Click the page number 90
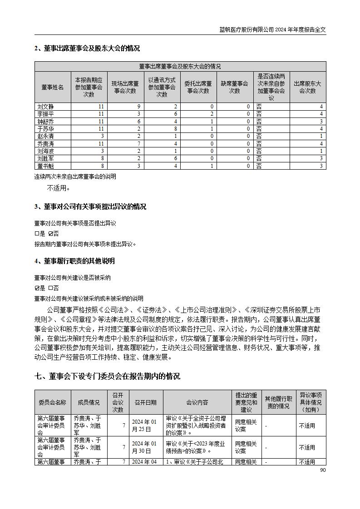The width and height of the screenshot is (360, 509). (x=323, y=470)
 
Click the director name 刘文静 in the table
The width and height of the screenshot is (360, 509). (x=45, y=107)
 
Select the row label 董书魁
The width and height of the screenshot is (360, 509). (x=45, y=166)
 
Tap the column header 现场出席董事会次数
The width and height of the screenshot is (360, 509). (x=125, y=87)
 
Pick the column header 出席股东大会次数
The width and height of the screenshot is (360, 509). (x=307, y=87)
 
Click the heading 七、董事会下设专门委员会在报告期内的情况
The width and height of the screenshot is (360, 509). (x=107, y=376)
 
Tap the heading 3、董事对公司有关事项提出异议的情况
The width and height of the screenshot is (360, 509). (x=90, y=207)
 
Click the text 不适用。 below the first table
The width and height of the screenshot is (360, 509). (x=59, y=188)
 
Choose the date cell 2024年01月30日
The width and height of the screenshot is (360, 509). (x=144, y=447)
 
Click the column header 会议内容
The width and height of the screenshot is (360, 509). (x=197, y=402)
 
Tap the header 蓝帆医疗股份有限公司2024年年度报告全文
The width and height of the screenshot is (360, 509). (x=272, y=29)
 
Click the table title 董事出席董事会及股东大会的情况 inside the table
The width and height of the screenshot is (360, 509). (x=180, y=66)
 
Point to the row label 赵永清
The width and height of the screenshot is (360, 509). (x=45, y=136)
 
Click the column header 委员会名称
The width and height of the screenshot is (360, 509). (x=52, y=402)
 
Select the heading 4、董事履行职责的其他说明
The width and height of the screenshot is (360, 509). (x=74, y=261)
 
